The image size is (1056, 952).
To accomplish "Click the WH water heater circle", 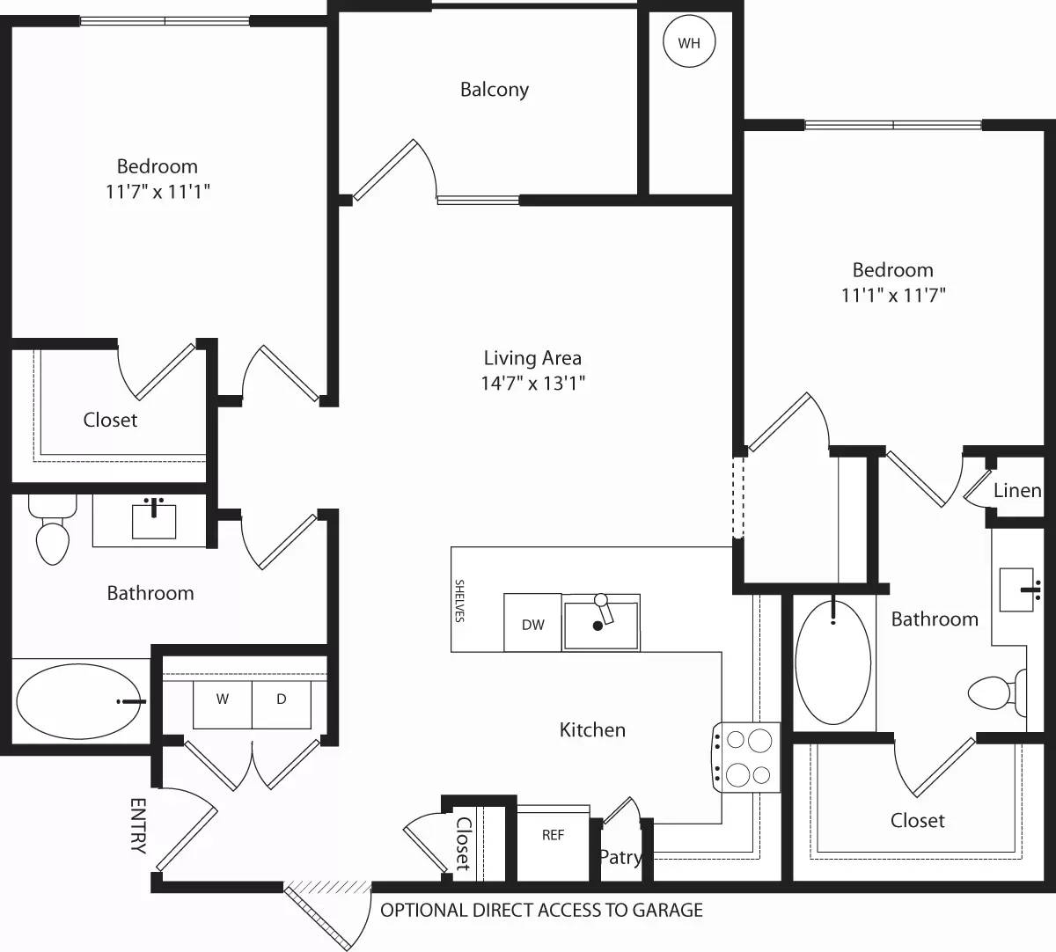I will point(689,41).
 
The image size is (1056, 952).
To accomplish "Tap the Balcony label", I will point(495,90).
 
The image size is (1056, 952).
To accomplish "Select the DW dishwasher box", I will point(532,624).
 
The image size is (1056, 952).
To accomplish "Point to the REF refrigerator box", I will point(553,836).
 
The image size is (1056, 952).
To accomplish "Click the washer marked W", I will point(223,700).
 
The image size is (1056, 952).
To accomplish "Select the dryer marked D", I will point(282,700).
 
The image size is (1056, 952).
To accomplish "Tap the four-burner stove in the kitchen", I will point(747,757).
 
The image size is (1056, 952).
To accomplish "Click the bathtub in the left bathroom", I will point(79,701).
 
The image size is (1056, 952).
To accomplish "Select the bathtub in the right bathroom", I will point(832,663).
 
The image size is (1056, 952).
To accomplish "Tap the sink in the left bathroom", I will point(154,519).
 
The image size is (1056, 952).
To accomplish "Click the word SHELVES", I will point(459,600).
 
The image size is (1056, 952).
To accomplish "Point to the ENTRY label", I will point(138,825).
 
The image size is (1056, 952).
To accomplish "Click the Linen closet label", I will point(1017,491).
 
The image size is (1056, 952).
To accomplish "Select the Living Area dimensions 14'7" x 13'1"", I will point(532,383).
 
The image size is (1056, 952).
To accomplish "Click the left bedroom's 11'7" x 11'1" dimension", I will point(158,192).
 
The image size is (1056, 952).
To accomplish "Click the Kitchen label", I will point(592,729).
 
